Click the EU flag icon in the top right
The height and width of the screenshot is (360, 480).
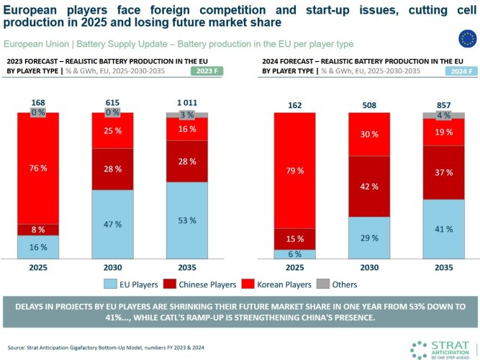point(466,39)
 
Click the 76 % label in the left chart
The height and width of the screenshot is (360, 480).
point(38,168)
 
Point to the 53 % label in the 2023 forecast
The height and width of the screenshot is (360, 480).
point(186,219)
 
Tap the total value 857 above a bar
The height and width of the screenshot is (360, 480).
point(444,104)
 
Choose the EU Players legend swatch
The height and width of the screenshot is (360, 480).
point(111,283)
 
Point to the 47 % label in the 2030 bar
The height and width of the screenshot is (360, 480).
point(112,224)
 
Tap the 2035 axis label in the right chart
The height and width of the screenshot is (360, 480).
point(444,267)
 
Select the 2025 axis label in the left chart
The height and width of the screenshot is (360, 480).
point(38,267)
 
